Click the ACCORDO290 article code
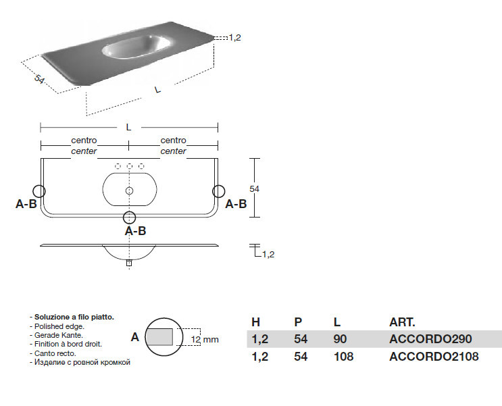click(430, 339)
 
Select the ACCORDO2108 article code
click(434, 357)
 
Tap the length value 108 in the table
click(344, 357)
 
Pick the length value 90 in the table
click(341, 339)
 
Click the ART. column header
click(402, 322)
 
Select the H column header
click(255, 322)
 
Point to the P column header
click(298, 322)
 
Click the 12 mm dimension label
click(205, 339)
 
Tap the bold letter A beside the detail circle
click(134, 336)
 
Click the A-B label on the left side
click(26, 204)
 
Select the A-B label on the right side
click(236, 204)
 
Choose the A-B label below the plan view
click(136, 230)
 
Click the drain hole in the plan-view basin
click(129, 191)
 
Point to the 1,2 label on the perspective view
click(235, 38)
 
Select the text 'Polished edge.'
click(57, 326)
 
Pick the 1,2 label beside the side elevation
click(268, 255)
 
